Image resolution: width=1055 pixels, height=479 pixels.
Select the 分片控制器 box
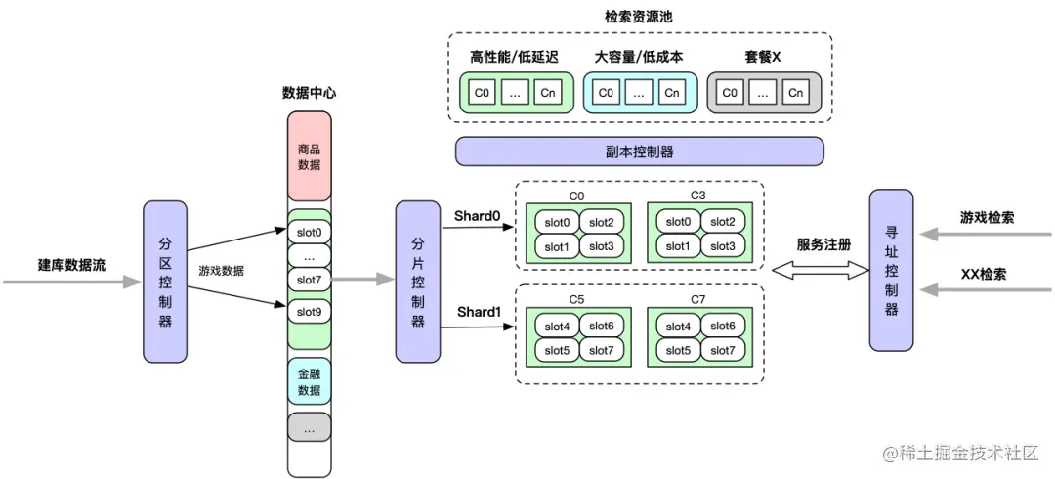417,282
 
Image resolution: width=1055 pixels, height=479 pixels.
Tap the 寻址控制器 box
890,269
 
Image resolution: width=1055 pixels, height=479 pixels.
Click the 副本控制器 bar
639,152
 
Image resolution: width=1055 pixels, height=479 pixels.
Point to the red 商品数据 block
309,156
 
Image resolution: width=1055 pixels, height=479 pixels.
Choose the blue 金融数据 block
309,381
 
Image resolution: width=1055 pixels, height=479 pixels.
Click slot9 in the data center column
309,313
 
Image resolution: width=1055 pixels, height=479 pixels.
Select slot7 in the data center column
309,281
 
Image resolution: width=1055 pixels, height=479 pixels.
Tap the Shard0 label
477,215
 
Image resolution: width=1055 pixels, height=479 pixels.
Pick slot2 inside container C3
722,222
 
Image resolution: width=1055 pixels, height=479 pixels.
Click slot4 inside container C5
557,327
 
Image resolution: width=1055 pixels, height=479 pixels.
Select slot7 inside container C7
722,350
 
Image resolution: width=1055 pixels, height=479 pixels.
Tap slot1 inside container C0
557,246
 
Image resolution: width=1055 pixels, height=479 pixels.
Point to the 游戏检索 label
987,217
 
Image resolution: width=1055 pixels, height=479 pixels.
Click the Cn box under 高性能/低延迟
550,93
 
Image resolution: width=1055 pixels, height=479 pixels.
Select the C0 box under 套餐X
729,93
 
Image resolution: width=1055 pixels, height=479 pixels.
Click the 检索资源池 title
639,17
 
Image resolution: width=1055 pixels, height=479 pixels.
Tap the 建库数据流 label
70,265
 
